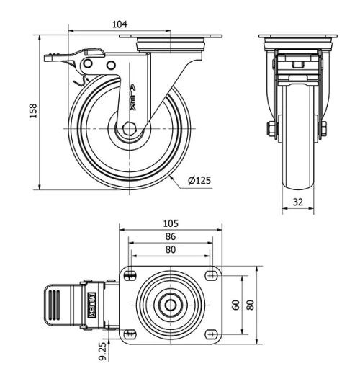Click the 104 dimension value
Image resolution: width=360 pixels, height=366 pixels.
tap(120, 24)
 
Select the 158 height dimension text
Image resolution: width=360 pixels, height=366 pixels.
tap(33, 112)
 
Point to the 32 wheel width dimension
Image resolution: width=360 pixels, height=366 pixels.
tap(297, 202)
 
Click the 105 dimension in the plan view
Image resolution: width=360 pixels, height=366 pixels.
tap(171, 223)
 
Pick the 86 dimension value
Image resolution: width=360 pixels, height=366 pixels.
tap(171, 236)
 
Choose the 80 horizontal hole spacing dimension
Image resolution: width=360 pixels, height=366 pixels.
tap(171, 249)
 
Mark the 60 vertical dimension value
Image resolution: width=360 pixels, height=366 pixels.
tap(236, 304)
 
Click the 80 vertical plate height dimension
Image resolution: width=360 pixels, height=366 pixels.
tap(250, 304)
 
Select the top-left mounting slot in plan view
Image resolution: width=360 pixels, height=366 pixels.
tap(130, 274)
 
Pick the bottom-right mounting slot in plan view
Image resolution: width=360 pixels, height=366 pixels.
tap(212, 334)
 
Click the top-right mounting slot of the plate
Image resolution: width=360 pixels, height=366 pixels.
tap(212, 274)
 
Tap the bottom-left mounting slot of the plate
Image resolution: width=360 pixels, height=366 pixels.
tap(130, 334)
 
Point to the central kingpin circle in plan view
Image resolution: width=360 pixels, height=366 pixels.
tap(171, 304)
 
